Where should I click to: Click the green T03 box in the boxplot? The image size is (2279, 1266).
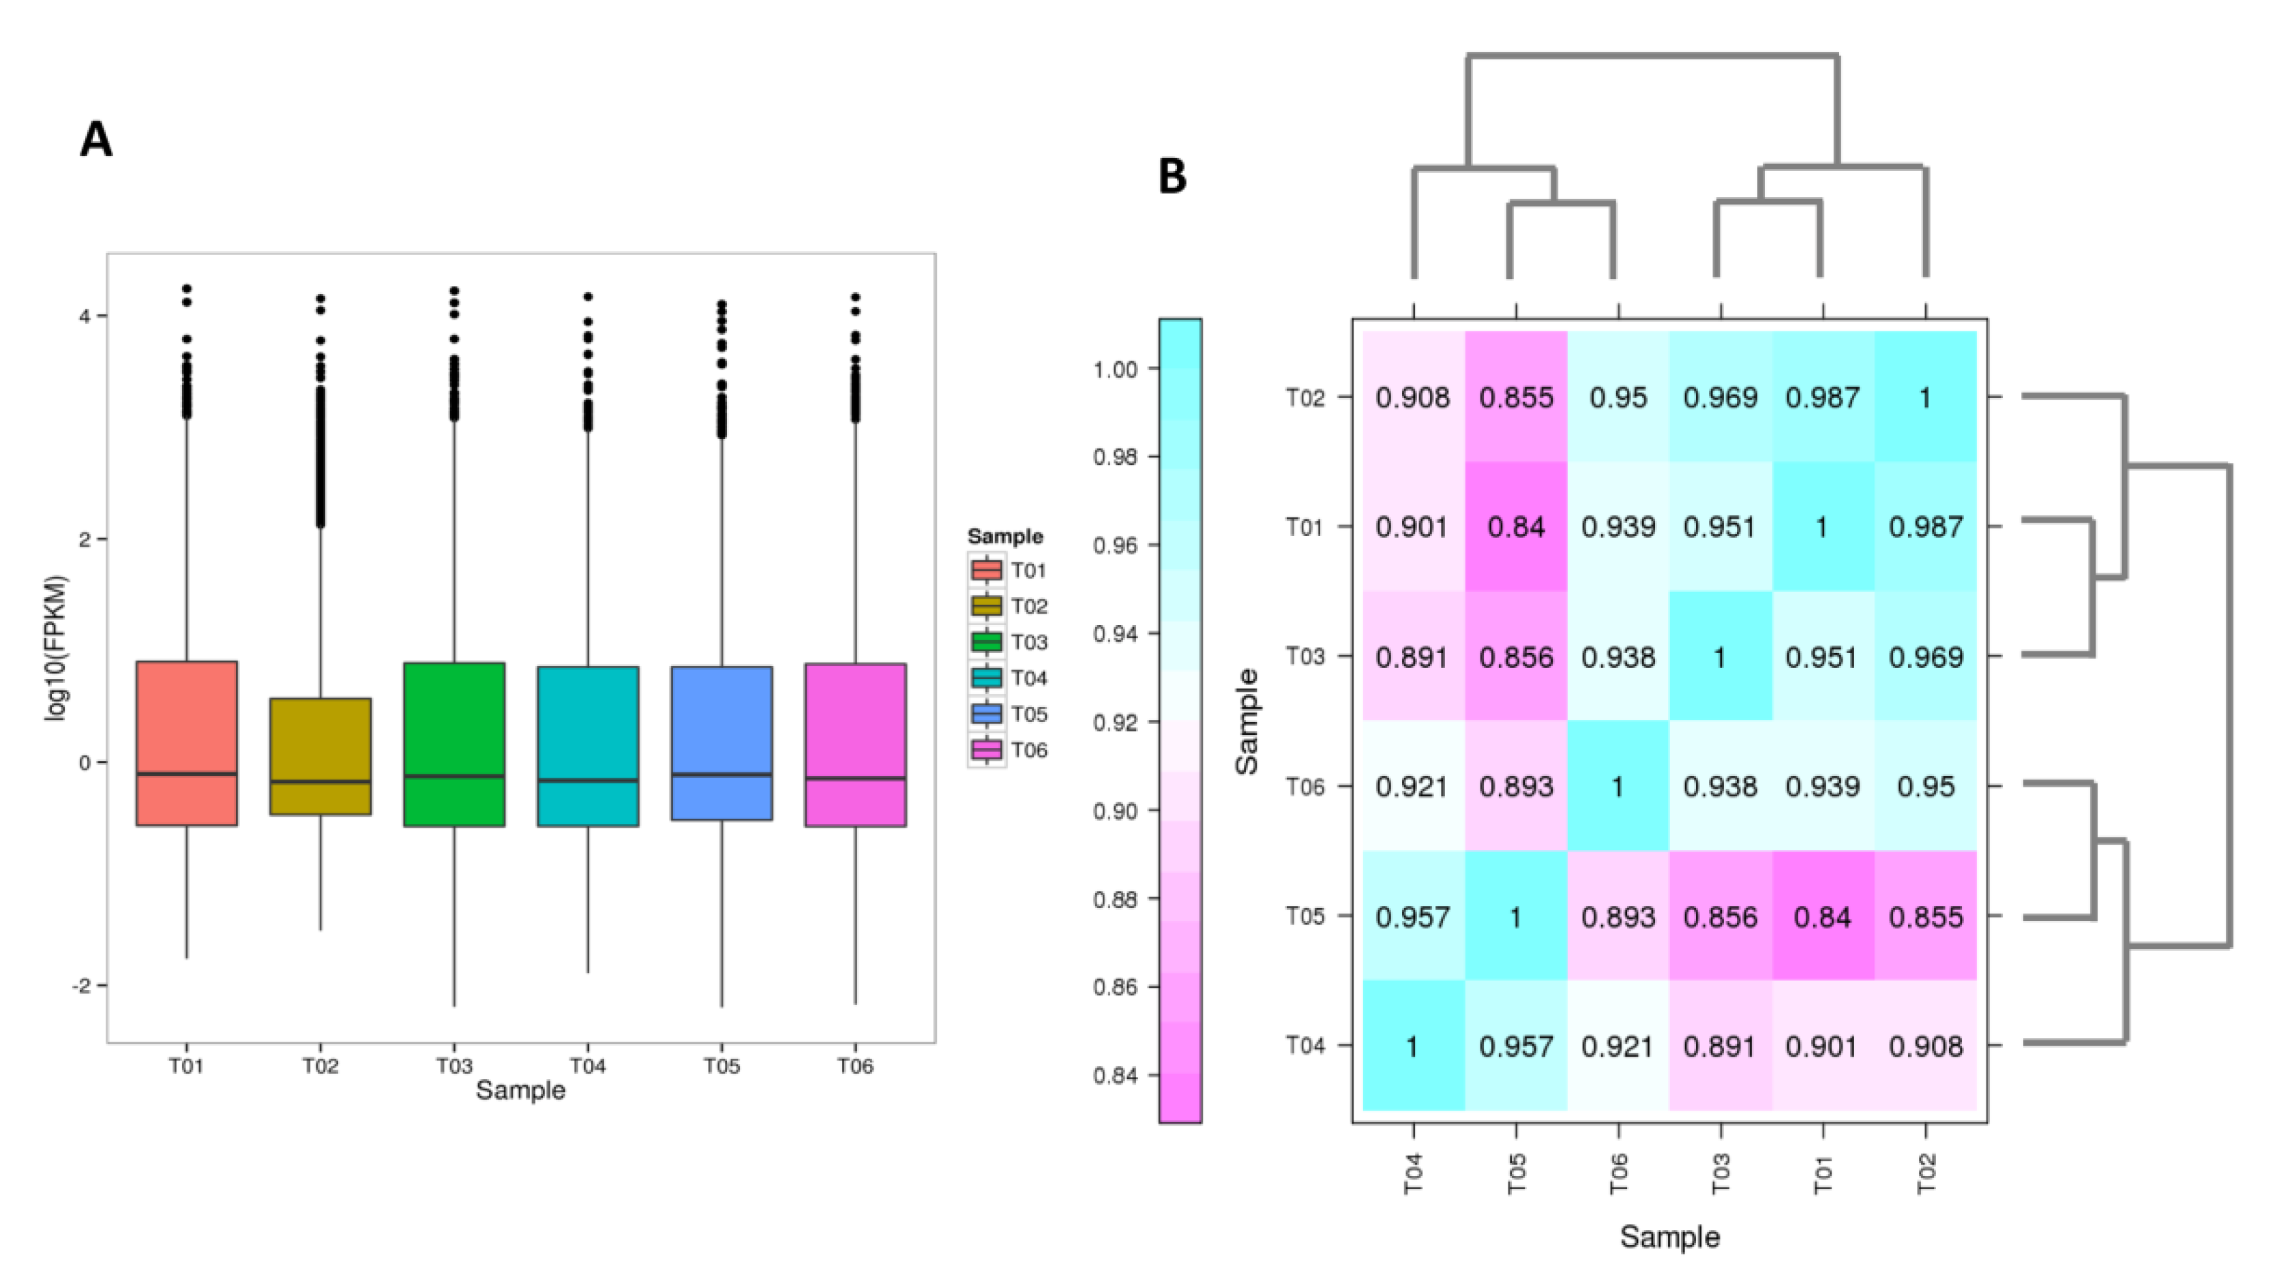[454, 743]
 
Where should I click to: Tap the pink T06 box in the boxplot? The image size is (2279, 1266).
[856, 743]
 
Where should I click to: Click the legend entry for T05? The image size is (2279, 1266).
[1009, 714]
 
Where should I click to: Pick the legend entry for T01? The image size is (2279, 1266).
[1009, 570]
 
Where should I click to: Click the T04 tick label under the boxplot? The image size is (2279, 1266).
[587, 1066]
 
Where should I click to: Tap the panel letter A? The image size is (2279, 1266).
[96, 140]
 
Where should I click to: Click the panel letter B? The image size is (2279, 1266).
[1172, 177]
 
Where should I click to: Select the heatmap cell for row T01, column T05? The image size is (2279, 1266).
[1515, 526]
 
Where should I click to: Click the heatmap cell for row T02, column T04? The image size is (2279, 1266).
[1413, 397]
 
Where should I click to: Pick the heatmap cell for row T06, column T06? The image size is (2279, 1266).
[1618, 785]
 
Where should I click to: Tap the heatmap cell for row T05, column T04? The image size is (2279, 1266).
[1413, 916]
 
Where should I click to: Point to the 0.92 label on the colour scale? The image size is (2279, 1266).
[1116, 723]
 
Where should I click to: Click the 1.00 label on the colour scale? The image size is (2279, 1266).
[1116, 369]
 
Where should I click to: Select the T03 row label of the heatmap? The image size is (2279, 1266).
[1305, 657]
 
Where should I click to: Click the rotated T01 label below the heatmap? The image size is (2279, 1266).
[1823, 1174]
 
